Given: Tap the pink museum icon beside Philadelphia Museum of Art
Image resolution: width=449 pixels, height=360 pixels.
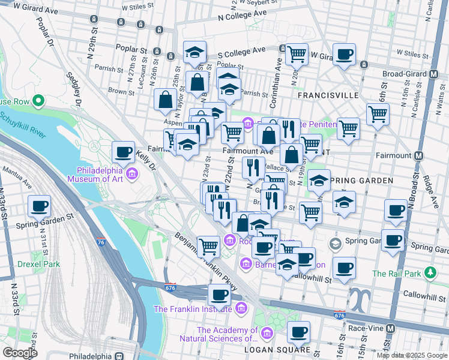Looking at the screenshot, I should click(131, 174).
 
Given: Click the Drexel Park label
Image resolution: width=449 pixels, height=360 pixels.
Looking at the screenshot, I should click(38, 264).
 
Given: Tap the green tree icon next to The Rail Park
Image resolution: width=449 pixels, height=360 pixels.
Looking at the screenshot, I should click(430, 274).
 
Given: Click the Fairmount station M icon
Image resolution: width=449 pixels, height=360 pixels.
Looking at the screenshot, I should click(419, 155).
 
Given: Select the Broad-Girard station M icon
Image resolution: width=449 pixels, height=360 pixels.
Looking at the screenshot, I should click(433, 74).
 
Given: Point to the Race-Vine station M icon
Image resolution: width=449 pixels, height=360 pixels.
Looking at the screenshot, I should click(391, 329).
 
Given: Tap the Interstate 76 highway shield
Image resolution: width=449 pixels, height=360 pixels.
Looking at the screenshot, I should click(100, 241).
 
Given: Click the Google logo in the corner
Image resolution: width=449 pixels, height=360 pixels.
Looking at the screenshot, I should click(20, 353).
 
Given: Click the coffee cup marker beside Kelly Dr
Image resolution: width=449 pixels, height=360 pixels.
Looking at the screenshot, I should click(124, 152).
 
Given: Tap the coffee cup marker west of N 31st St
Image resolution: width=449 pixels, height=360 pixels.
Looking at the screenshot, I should click(39, 207).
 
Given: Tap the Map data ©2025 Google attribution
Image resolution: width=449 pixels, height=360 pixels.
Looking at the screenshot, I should click(412, 355).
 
